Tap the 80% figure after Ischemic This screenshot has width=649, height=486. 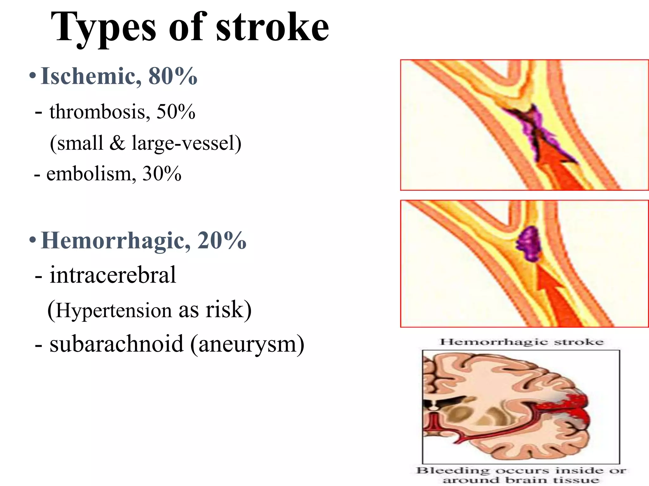(173, 76)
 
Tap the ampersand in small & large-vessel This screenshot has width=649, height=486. (117, 143)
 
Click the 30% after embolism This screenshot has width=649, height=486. (162, 174)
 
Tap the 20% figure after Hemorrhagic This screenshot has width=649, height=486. (222, 241)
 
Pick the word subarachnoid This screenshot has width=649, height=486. (116, 344)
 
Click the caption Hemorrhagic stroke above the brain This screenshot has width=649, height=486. (521, 342)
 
